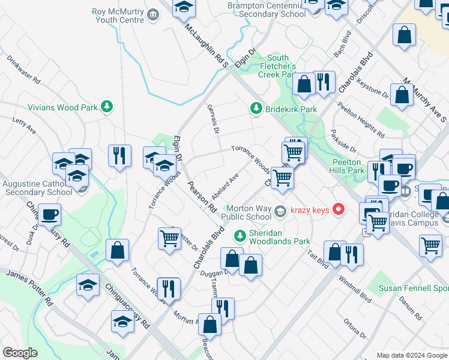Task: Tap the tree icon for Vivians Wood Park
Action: (107, 107)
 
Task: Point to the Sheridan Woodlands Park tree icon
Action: (240, 235)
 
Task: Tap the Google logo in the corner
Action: (20, 353)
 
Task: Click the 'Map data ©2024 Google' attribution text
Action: (411, 355)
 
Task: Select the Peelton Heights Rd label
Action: (360, 118)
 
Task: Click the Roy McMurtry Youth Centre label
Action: (118, 16)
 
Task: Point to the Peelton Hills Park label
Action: (348, 166)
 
